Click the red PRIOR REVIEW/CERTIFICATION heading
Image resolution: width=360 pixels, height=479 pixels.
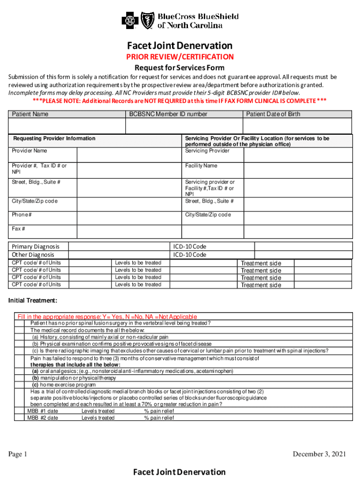(x=180, y=57)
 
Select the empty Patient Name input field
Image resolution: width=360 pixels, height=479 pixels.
(x=66, y=126)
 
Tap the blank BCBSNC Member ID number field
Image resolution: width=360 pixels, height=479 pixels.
(x=183, y=126)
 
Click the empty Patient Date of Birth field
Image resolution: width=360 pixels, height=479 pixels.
(x=297, y=126)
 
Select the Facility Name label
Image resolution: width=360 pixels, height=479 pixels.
(x=201, y=166)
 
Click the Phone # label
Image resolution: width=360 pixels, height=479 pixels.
(x=22, y=215)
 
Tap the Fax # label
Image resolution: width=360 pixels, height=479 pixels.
(x=18, y=229)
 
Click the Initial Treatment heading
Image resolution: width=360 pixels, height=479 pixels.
(x=33, y=300)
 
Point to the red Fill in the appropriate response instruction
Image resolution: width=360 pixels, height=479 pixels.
(x=107, y=317)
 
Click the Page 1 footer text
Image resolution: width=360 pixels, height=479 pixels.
(x=18, y=454)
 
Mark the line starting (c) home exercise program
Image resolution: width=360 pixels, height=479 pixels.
(x=64, y=385)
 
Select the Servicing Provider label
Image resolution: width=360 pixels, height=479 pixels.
(x=207, y=151)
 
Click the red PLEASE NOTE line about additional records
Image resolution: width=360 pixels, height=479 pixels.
(x=180, y=101)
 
